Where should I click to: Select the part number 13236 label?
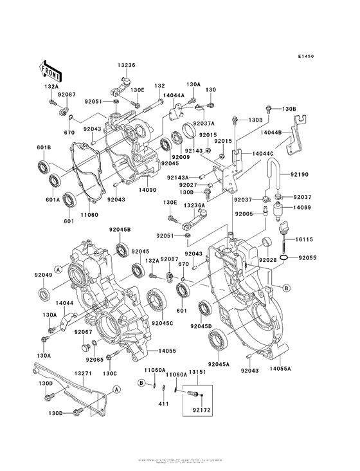[x=126, y=66]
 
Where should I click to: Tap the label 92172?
[x=202, y=409]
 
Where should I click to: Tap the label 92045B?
[x=120, y=230]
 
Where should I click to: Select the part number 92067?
[x=84, y=332]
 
